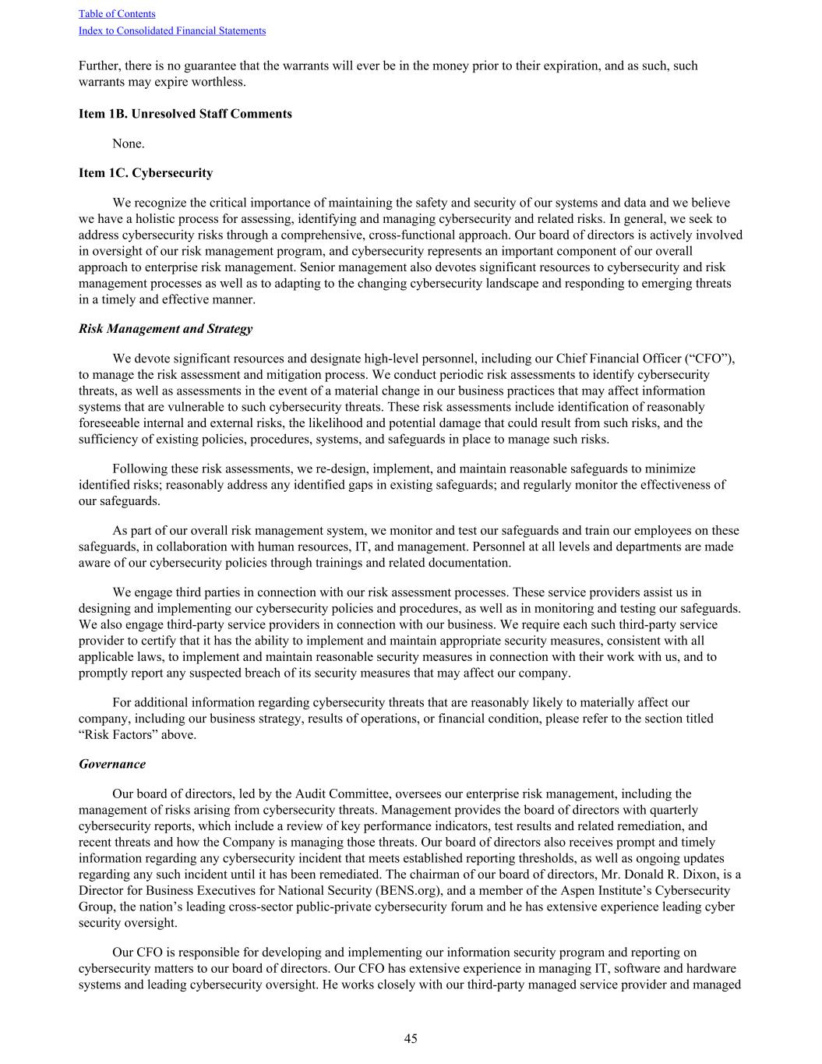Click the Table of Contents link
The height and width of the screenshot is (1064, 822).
117,14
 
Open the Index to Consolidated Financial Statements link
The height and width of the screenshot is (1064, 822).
171,31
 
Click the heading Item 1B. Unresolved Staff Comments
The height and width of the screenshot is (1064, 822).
185,114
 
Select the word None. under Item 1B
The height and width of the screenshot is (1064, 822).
129,143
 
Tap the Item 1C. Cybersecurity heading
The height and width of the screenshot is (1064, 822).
146,173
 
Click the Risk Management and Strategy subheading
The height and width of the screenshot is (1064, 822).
166,329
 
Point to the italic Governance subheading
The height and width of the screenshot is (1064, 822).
112,765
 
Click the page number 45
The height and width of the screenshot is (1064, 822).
411,1038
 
